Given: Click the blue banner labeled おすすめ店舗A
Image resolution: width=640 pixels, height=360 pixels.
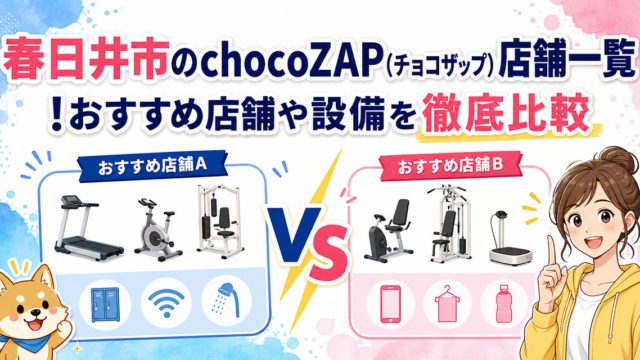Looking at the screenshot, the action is coord(153,166).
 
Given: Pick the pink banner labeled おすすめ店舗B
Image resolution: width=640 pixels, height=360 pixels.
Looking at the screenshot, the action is coord(451,166).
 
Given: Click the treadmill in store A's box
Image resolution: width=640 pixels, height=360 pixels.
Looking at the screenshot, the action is coord(88,228).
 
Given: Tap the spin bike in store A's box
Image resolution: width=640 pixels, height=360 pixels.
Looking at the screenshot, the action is coord(158,230).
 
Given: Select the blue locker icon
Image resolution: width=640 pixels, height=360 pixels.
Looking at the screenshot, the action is coord(105,304).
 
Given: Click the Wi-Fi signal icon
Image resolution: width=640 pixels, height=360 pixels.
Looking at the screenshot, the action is coord(166,303).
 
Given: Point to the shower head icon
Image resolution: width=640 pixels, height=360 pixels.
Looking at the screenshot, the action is coord(227,300).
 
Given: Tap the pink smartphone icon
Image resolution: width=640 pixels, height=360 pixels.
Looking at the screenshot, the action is coord(390,304).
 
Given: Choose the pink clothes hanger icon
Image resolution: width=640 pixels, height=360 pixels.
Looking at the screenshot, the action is coord(447,304).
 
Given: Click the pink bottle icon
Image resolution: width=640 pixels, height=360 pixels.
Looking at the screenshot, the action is coord(504,304).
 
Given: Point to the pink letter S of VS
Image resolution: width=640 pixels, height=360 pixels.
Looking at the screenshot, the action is coord(329,254).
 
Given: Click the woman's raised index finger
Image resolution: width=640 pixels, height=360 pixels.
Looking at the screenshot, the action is coord(552,252).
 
